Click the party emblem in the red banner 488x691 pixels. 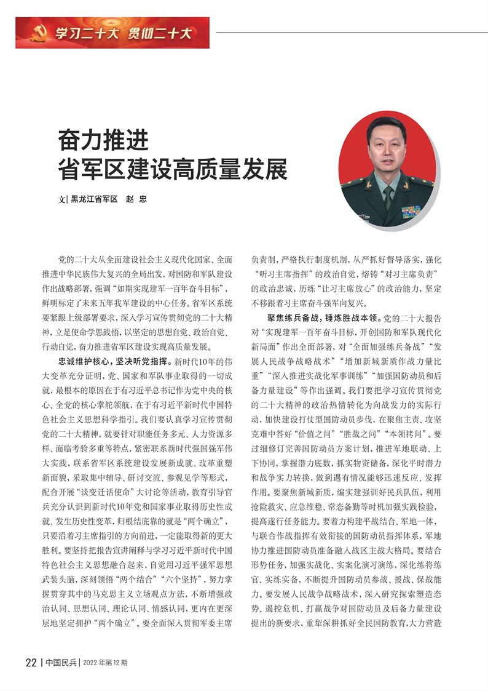point(37,33)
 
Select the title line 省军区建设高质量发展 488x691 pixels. point(173,168)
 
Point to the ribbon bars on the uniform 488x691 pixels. point(411,212)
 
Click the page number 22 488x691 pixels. point(31,662)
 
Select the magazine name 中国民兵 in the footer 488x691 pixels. point(62,662)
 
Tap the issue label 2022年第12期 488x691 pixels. point(106,662)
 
